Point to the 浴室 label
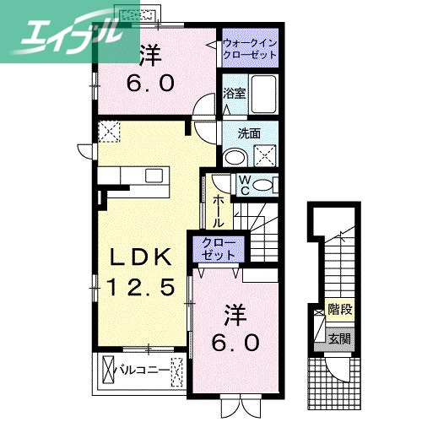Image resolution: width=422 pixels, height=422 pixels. point(234,93)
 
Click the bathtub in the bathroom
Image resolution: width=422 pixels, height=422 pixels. point(266,96)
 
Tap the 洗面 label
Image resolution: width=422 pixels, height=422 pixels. point(248,133)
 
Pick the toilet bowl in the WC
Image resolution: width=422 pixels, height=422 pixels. point(264,185)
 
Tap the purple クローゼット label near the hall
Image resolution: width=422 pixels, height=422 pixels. point(218,248)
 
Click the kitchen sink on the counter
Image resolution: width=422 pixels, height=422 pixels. point(154,175)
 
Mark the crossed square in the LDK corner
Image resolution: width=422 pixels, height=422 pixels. point(109,133)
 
